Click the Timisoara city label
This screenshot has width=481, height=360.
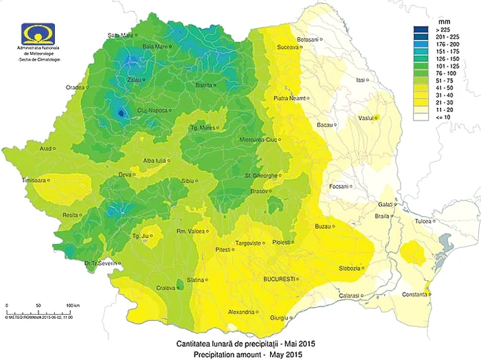tap(38, 180)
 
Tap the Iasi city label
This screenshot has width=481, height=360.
tap(359, 80)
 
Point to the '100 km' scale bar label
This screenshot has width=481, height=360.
tap(74, 304)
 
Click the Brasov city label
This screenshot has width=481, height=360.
tap(259, 190)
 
